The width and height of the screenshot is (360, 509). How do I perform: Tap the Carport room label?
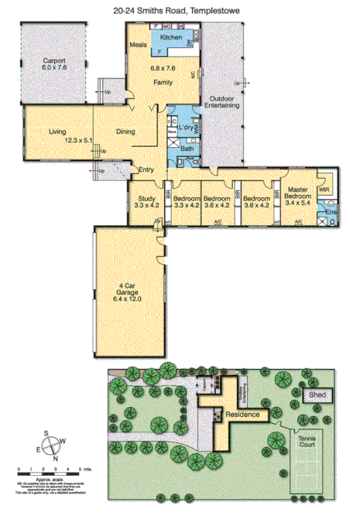pos(53,63)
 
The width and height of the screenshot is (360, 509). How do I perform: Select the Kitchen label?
pos(171,37)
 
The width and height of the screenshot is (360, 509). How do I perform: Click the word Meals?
pos(139,46)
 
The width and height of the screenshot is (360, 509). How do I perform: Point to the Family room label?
pos(163,82)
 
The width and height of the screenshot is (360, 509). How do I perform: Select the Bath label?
pos(187,148)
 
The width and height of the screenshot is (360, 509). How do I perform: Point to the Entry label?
pos(146,170)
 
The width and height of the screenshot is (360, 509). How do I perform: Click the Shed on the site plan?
pos(317,395)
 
